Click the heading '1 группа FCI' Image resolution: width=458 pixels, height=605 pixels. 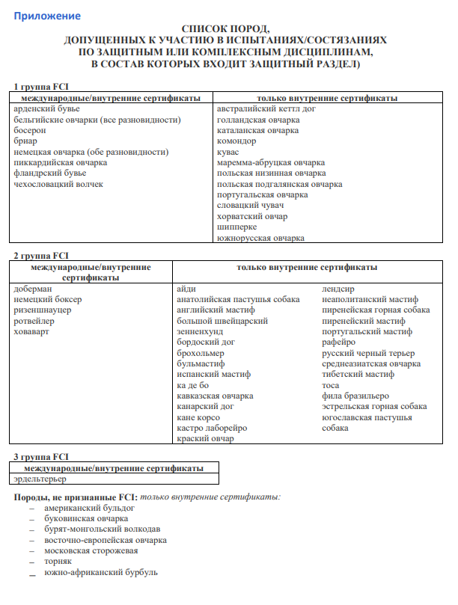coord(42,87)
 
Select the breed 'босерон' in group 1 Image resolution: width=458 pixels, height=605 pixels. coord(30,130)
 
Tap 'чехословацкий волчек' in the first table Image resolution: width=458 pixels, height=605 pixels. coord(58,184)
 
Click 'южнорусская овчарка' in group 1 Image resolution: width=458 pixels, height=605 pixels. coord(260,238)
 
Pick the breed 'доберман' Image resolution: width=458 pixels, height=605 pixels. coord(33,289)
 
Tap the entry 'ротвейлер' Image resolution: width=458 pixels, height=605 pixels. coord(34,321)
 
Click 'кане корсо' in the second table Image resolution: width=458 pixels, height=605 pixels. coord(198,417)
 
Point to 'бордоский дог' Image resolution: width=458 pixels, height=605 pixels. coord(206,342)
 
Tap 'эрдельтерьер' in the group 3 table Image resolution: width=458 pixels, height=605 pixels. coord(40,478)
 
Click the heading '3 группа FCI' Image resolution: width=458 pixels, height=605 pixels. coord(42,456)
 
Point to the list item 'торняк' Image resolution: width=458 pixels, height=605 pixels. coord(58,562)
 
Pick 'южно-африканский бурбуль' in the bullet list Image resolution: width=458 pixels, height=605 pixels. coord(101,572)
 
